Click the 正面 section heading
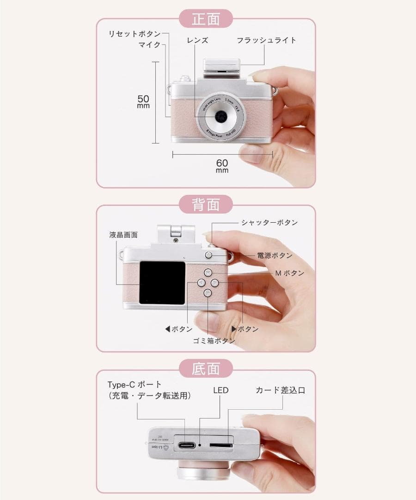pyautogui.click(x=206, y=19)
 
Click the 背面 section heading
pyautogui.click(x=206, y=204)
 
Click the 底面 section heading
pyautogui.click(x=206, y=369)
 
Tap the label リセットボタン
pyautogui.click(x=135, y=34)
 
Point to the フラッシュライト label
pyautogui.click(x=267, y=40)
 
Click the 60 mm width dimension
pyautogui.click(x=222, y=165)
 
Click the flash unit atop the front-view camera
pyautogui.click(x=222, y=65)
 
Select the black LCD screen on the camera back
pyautogui.click(x=162, y=282)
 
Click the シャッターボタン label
pyautogui.click(x=269, y=223)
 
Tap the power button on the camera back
pyautogui.click(x=208, y=255)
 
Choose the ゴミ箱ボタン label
pyautogui.click(x=214, y=341)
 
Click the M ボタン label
pyautogui.click(x=290, y=273)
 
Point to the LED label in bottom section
pyautogui.click(x=220, y=390)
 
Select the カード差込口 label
pyautogui.click(x=281, y=390)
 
